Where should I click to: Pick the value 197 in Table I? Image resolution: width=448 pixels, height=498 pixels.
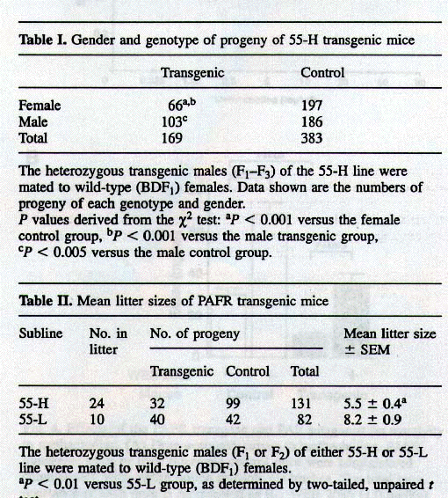point(312,106)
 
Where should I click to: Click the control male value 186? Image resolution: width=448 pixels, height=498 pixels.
point(312,122)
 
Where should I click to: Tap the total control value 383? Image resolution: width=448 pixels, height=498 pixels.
point(312,138)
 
